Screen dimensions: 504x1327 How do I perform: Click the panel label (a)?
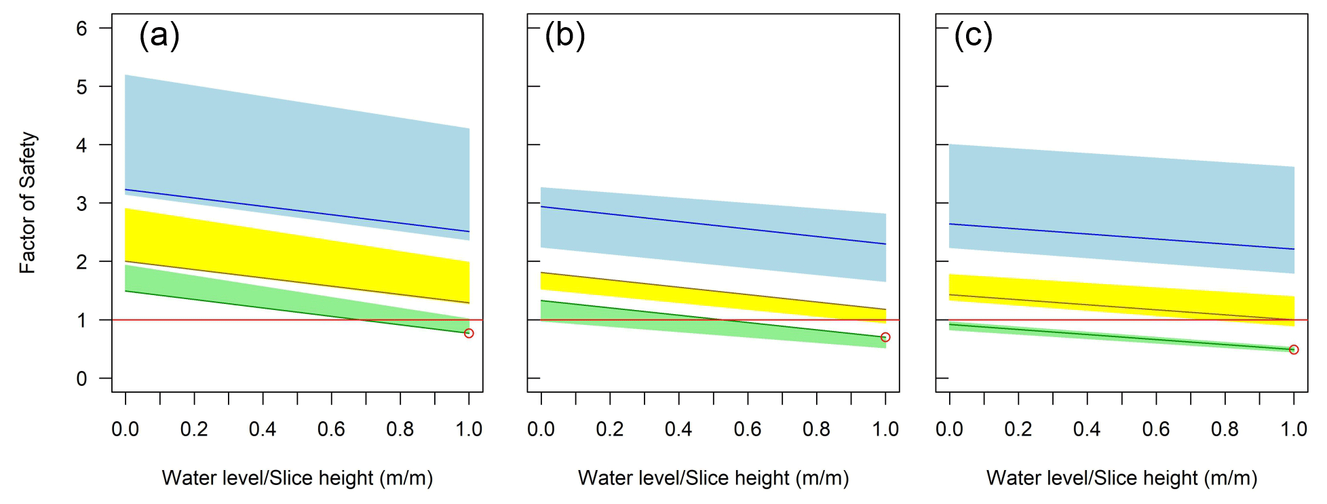(x=159, y=35)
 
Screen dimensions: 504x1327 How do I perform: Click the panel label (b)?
(x=565, y=35)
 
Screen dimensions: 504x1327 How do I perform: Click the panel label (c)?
(x=974, y=35)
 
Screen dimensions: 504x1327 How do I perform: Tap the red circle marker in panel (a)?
(x=469, y=333)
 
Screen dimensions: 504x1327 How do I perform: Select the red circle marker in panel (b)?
(x=885, y=337)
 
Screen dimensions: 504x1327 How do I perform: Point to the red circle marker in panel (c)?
(x=1294, y=349)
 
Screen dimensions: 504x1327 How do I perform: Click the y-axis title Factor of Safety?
(x=28, y=203)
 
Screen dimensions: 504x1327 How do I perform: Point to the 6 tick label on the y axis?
(x=82, y=28)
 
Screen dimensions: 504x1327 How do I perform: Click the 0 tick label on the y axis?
(x=82, y=379)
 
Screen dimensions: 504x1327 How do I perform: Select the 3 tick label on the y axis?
(x=82, y=203)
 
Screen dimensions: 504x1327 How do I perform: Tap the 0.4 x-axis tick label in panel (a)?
(x=263, y=429)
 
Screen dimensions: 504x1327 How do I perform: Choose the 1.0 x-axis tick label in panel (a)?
(x=469, y=429)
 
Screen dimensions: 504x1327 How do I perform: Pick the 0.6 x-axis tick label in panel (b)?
(x=748, y=429)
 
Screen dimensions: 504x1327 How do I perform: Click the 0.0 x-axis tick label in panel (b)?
(x=541, y=429)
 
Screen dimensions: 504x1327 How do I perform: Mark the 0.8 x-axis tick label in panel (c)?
(x=1225, y=429)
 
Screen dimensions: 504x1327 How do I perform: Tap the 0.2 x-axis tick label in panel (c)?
(x=1018, y=429)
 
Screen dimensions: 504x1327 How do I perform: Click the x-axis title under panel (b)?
(x=713, y=478)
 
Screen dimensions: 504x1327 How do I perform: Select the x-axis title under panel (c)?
(x=1121, y=478)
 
